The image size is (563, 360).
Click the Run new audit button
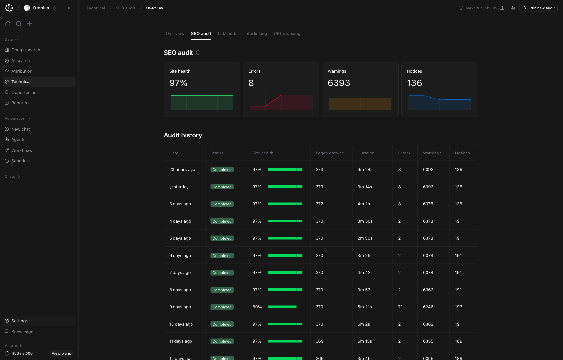[538, 8]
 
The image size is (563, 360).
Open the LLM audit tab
[228, 34]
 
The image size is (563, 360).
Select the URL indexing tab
[287, 34]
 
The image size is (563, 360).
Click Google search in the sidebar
[26, 50]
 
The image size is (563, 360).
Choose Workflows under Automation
[22, 151]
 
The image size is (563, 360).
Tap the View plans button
[61, 353]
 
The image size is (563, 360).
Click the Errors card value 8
[251, 83]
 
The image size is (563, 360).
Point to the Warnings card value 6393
[339, 83]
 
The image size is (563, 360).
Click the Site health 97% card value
[178, 83]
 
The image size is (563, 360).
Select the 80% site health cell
[257, 307]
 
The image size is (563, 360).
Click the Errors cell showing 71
[400, 307]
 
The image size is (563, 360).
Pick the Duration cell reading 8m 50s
[365, 221]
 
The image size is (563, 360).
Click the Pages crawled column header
[330, 153]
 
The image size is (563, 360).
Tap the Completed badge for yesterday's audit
[222, 187]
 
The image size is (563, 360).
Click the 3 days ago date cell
[180, 204]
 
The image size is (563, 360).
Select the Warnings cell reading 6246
[428, 307]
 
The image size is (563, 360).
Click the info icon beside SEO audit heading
[198, 53]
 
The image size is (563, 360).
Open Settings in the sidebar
[20, 321]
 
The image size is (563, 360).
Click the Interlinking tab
[256, 34]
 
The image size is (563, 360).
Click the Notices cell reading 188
[459, 341]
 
